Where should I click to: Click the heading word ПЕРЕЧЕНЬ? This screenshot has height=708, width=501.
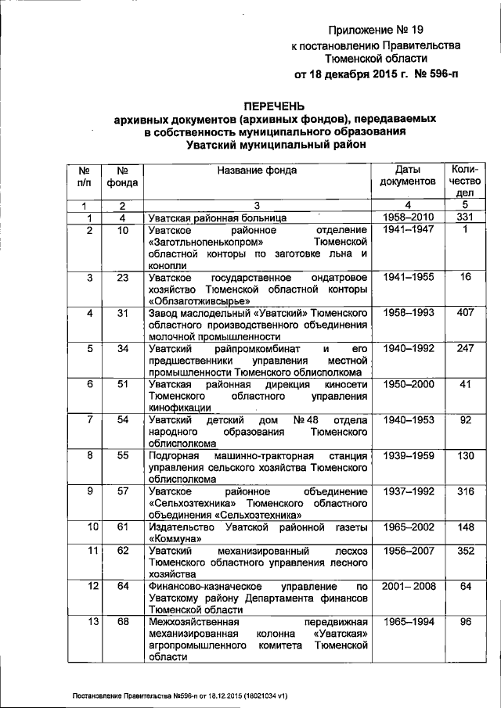(x=273, y=105)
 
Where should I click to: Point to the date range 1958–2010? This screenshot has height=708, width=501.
(x=407, y=217)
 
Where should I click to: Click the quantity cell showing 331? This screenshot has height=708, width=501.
(x=464, y=217)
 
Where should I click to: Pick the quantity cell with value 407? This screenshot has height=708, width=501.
(x=464, y=314)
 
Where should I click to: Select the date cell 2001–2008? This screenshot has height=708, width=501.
(x=407, y=586)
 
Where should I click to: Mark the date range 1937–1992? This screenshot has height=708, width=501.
(x=407, y=491)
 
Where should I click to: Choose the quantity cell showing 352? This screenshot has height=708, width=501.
(x=464, y=551)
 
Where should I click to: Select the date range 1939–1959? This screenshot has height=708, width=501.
(x=407, y=455)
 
